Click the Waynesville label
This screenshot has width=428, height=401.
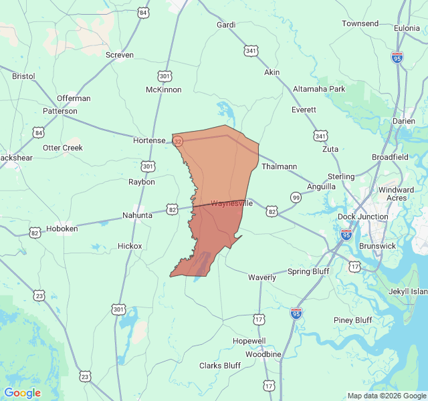pyautogui.click(x=231, y=203)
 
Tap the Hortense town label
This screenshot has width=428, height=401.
pyautogui.click(x=149, y=140)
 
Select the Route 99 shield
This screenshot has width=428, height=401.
pyautogui.click(x=296, y=197)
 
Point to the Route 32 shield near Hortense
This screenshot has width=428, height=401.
pyautogui.click(x=177, y=142)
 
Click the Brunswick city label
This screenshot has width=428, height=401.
pyautogui.click(x=377, y=246)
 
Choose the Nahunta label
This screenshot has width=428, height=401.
pyautogui.click(x=138, y=215)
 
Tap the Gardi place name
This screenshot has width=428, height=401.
pyautogui.click(x=226, y=25)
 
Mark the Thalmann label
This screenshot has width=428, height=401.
pyautogui.click(x=278, y=166)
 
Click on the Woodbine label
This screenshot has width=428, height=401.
pyautogui.click(x=263, y=354)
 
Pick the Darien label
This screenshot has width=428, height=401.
pyautogui.click(x=403, y=121)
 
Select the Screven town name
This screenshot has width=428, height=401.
pyautogui.click(x=120, y=55)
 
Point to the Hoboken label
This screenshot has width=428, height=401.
pyautogui.click(x=62, y=229)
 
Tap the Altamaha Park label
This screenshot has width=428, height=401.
pyautogui.click(x=319, y=89)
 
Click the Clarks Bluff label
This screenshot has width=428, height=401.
pyautogui.click(x=220, y=366)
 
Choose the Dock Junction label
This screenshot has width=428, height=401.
pyautogui.click(x=362, y=217)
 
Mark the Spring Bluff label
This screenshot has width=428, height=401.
pyautogui.click(x=309, y=271)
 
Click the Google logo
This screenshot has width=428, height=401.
pyautogui.click(x=22, y=393)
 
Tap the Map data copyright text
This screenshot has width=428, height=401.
pyautogui.click(x=387, y=396)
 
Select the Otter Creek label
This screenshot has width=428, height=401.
pyautogui.click(x=63, y=148)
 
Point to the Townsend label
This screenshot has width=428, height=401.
pyautogui.click(x=360, y=23)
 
